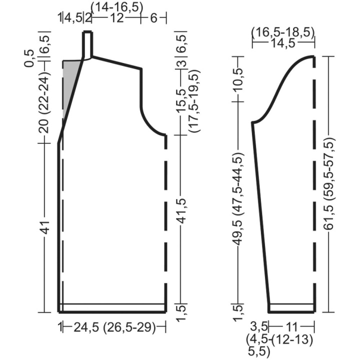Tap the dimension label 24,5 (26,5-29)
click(114, 327)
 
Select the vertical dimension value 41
click(46, 227)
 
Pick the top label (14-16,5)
click(117, 7)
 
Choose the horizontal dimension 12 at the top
click(116, 18)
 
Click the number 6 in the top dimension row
click(153, 18)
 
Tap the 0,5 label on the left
click(29, 58)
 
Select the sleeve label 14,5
click(283, 43)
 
